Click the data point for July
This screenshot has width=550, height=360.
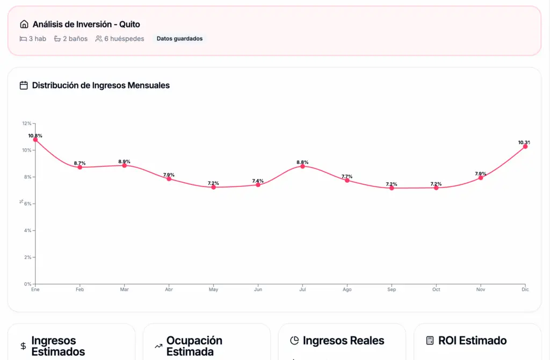click(x=302, y=166)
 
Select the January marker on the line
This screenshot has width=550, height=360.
click(x=35, y=140)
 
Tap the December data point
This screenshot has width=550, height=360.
click(x=525, y=146)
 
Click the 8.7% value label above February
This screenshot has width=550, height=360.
click(x=79, y=163)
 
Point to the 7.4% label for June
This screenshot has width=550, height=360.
click(x=258, y=181)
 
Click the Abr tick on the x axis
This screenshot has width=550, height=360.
click(x=169, y=290)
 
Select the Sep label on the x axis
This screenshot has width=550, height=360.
click(x=392, y=290)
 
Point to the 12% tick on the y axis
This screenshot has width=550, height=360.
click(x=27, y=124)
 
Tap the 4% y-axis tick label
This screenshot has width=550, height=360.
click(x=28, y=231)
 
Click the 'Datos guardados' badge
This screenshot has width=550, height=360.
click(x=179, y=39)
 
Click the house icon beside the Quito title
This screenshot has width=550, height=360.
click(x=24, y=24)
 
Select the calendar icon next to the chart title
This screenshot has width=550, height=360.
click(x=24, y=85)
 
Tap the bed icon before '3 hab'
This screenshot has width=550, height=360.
click(x=23, y=39)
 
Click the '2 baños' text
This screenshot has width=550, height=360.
click(x=75, y=39)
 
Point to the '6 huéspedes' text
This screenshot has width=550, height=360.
click(x=124, y=39)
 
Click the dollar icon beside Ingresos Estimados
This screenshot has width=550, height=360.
click(x=23, y=347)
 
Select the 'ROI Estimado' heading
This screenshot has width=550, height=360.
click(x=472, y=341)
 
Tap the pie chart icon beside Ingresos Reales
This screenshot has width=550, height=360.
click(x=294, y=341)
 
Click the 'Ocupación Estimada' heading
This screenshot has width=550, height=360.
click(x=194, y=346)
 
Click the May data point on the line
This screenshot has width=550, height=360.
click(x=213, y=187)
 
